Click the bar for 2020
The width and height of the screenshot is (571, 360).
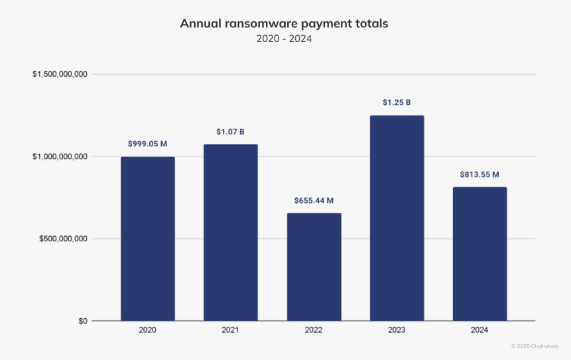[148, 239]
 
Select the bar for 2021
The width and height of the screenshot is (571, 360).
[231, 232]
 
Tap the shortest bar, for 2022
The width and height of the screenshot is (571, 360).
[314, 267]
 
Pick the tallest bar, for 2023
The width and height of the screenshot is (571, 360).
[397, 219]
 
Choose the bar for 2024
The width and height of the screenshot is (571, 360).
[479, 254]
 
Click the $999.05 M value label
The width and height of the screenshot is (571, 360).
[148, 144]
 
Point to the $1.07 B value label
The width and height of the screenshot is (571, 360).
[231, 132]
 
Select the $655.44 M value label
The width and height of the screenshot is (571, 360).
[314, 200]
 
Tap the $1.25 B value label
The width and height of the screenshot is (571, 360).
[397, 103]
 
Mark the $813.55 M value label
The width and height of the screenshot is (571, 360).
[479, 174]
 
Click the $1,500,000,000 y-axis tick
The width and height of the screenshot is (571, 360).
[60, 74]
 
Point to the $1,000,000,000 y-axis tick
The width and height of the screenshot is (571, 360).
[60, 156]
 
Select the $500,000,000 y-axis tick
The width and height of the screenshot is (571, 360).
[63, 239]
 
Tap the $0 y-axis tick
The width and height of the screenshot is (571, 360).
[82, 321]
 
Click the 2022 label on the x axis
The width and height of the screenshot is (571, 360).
[314, 330]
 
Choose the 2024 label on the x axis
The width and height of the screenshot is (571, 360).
[479, 330]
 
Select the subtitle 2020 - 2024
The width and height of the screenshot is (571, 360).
[284, 38]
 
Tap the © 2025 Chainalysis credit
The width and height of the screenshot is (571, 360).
[536, 346]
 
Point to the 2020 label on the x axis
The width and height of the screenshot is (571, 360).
[148, 330]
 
